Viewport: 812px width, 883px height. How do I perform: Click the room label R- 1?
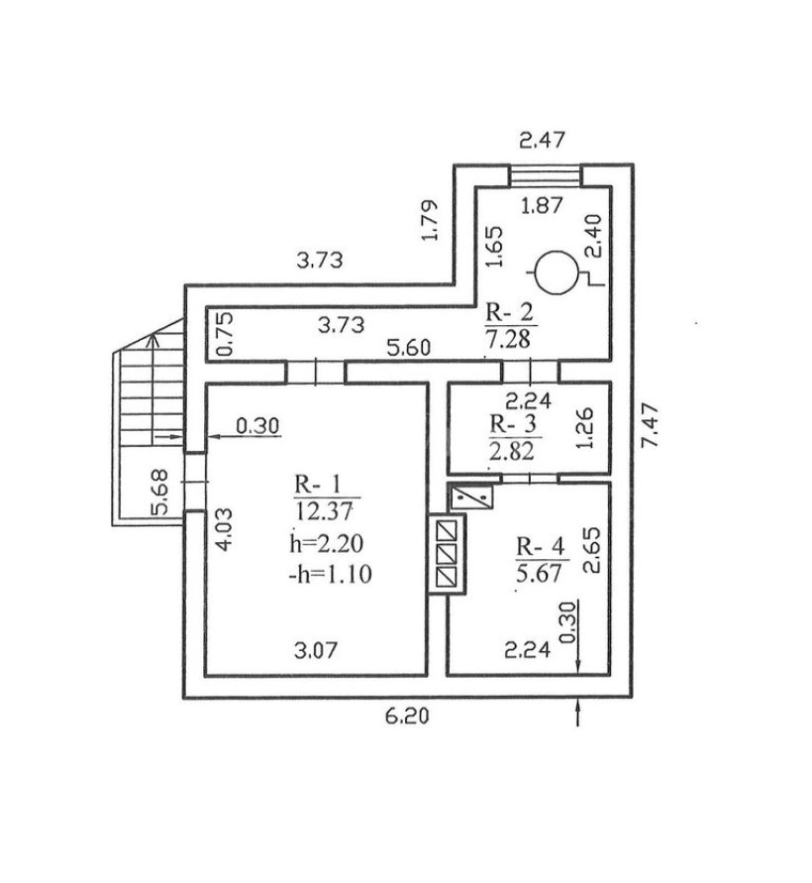point(317,484)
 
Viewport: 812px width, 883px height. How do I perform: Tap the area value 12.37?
point(324,511)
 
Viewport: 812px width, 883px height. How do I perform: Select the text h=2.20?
point(327,543)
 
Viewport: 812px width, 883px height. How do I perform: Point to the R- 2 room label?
point(509,311)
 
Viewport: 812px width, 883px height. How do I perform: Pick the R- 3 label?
point(513,423)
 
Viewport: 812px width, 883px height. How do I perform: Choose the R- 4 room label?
point(541,546)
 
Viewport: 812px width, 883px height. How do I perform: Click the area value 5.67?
point(539,573)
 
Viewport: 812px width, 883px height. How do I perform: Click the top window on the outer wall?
point(545,175)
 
